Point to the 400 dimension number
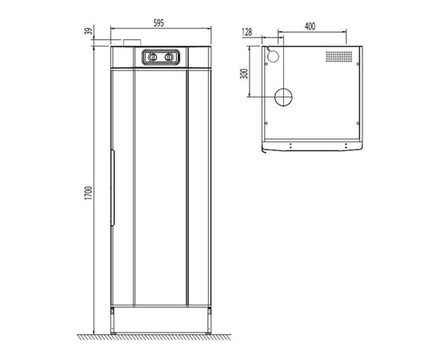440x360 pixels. tap(310, 26)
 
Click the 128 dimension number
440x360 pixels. tap(247, 33)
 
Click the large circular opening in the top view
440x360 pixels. tap(284, 96)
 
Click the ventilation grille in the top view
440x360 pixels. tap(338, 58)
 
